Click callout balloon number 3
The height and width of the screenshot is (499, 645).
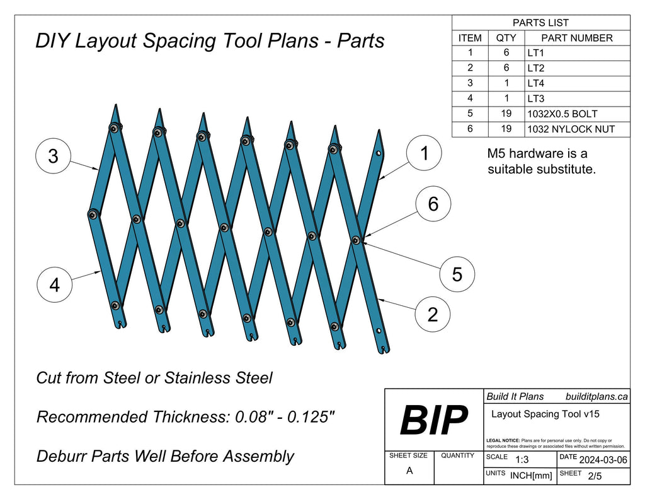(53, 156)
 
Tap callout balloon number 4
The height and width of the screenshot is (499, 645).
(54, 285)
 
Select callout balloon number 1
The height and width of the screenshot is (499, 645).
(424, 153)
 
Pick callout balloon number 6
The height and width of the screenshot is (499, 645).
(433, 204)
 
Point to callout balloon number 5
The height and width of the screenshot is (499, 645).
(457, 274)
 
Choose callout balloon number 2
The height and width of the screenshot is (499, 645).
(433, 314)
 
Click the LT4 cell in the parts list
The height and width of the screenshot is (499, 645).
(536, 83)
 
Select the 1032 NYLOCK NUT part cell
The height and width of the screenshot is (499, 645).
(571, 130)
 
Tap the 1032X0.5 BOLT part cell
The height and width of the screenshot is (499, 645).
(562, 114)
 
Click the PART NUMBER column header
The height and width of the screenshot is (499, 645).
(576, 38)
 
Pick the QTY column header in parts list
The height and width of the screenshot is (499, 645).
(506, 38)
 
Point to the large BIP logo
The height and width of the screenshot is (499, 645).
(433, 420)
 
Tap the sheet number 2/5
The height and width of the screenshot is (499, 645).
(595, 476)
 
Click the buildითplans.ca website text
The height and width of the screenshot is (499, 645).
(596, 396)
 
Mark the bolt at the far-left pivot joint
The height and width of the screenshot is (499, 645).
(93, 215)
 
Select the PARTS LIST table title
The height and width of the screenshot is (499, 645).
(540, 23)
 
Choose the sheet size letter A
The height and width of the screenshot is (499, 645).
(409, 471)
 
